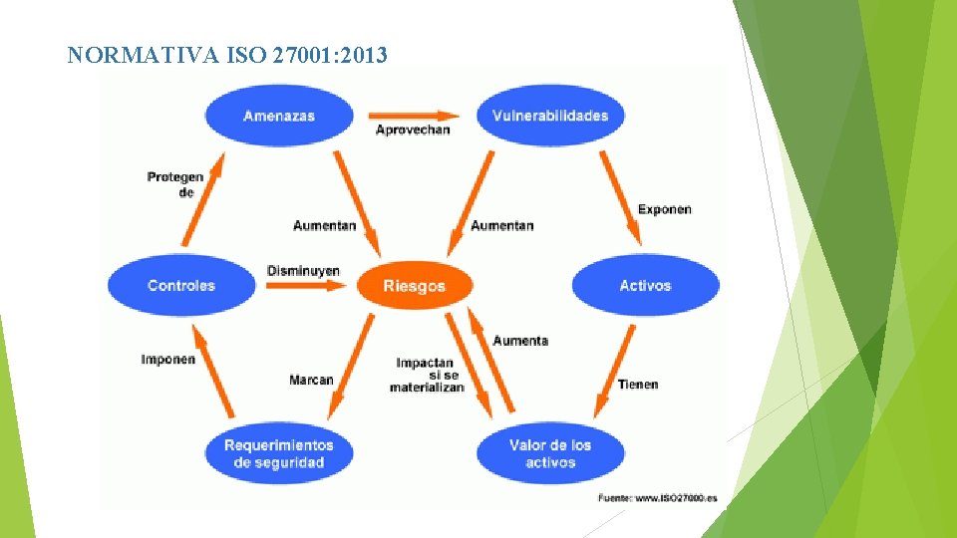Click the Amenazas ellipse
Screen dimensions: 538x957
(x=279, y=116)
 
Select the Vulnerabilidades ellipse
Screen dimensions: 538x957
(x=550, y=116)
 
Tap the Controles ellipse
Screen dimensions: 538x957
(x=181, y=286)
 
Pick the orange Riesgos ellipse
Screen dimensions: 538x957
(x=414, y=286)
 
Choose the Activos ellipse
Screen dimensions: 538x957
(x=645, y=286)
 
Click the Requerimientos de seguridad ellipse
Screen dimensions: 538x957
(x=279, y=453)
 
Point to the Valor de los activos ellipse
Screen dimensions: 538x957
(x=550, y=453)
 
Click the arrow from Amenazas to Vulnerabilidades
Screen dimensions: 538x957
(x=413, y=115)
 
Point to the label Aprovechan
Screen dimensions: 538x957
(x=413, y=131)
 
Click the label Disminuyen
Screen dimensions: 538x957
(x=303, y=270)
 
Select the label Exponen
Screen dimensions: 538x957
(x=665, y=209)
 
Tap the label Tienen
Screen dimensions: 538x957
(x=638, y=385)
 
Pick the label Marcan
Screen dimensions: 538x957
(x=311, y=380)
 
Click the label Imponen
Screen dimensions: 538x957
(x=167, y=359)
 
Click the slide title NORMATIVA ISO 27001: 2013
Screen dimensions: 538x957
(x=227, y=55)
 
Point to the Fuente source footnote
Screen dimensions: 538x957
(x=657, y=497)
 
